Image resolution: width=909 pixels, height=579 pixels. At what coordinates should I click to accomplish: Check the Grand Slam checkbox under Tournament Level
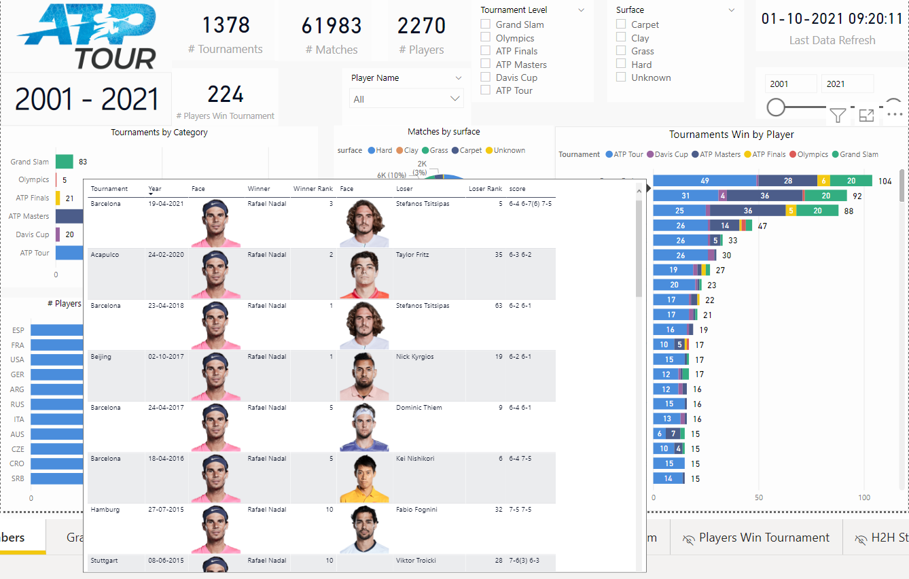[486, 24]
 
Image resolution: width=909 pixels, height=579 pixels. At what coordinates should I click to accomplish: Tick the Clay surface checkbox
[621, 38]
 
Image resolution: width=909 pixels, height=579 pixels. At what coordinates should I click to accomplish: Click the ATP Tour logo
[86, 37]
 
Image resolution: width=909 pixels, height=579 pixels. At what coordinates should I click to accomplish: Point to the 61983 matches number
[332, 26]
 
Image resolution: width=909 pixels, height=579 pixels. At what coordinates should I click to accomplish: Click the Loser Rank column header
[485, 189]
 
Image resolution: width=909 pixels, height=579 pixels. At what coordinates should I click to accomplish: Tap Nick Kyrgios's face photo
[363, 376]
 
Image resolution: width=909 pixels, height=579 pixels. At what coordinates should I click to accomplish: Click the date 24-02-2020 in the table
[166, 255]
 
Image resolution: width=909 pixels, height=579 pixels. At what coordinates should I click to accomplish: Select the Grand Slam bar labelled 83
[65, 162]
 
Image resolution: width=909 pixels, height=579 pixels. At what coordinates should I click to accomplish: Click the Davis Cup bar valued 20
[58, 234]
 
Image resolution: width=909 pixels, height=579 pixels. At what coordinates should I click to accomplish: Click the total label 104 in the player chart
[884, 181]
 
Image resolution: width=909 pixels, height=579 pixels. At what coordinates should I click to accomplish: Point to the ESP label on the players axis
[18, 330]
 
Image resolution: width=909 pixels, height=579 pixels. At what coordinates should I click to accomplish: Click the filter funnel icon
[838, 116]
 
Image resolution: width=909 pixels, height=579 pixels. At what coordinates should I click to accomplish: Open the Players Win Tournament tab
[764, 538]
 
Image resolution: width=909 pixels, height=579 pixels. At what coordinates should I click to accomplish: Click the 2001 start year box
[791, 84]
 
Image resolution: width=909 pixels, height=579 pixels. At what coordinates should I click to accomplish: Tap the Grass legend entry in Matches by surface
[435, 150]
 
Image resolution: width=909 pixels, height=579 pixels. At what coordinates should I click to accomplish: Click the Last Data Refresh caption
[832, 40]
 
